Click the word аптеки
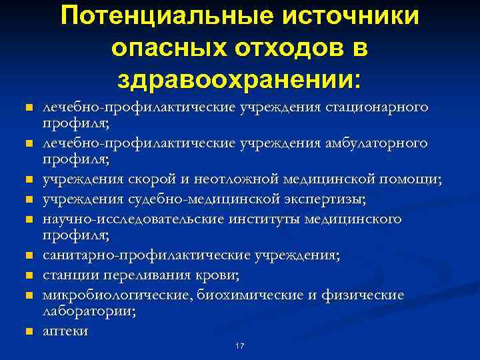coord(65,330)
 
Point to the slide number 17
coord(240,346)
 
